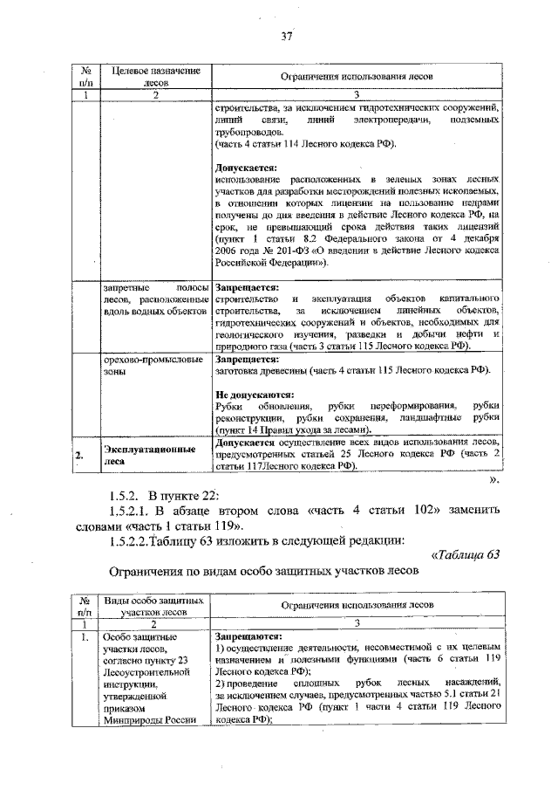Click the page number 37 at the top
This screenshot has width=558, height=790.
pyautogui.click(x=285, y=36)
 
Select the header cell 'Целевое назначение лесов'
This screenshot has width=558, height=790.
pyautogui.click(x=152, y=77)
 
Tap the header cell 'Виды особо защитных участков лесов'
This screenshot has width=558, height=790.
pyautogui.click(x=154, y=607)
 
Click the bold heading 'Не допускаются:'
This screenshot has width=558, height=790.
pyautogui.click(x=254, y=394)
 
